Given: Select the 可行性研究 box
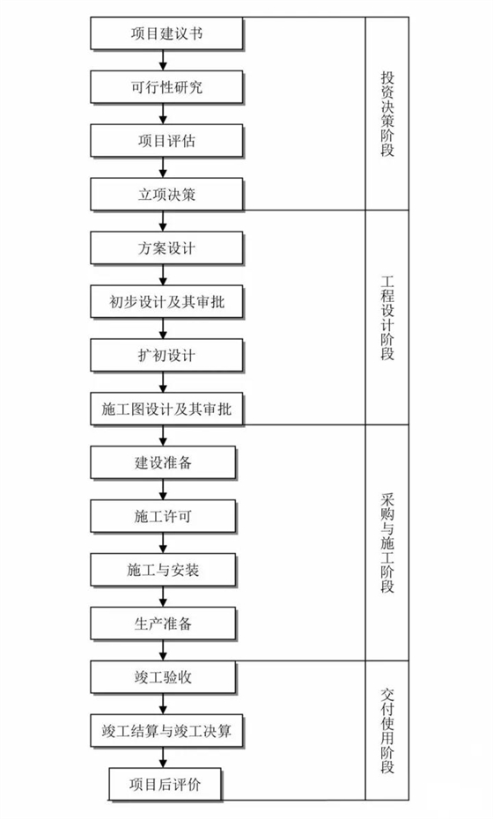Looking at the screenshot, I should pos(165,88).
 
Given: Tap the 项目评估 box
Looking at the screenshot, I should pos(165,141).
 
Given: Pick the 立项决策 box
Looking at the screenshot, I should pos(165,195).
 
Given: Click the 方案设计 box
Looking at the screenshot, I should pos(165,248).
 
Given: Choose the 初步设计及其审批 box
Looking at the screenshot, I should pos(165,302).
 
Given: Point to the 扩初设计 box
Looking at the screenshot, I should pos(165,356).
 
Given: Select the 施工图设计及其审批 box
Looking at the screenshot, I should pos(165,409).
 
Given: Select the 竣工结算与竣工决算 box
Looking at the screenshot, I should pos(165,730).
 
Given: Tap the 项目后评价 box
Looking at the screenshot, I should pos(165,784).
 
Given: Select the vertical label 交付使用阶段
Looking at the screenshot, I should pos(387,731).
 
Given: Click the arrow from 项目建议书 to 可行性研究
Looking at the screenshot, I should pos(164,62).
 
